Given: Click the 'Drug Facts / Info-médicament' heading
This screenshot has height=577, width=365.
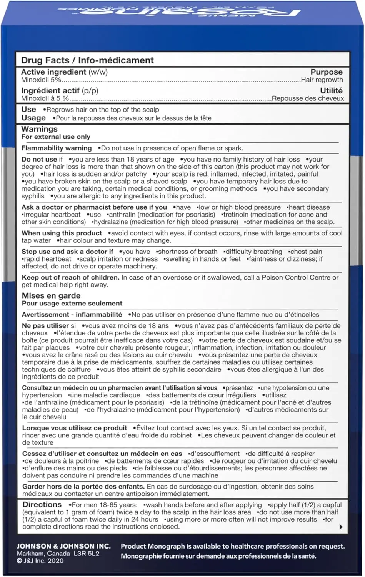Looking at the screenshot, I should [87, 60].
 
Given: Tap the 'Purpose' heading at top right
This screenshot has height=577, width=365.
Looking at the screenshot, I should [326, 72].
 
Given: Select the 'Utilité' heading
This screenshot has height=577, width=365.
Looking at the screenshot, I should [331, 90].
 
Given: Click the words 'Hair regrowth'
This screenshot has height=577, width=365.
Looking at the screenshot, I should [322, 80].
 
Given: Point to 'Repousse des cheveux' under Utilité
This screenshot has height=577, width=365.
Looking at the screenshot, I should [308, 98].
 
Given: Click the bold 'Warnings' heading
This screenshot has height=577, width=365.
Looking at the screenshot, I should [39, 129].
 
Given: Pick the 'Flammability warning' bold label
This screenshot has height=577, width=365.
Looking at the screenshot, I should [57, 148].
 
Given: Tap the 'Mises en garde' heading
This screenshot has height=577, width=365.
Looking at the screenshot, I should [51, 296].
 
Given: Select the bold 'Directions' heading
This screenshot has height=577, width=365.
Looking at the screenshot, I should [42, 505].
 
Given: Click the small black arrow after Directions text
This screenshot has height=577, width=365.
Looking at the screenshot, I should [341, 527].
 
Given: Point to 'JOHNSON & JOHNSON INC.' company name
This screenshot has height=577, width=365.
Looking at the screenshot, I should [63, 546].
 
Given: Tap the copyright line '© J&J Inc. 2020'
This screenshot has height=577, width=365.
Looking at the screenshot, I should [40, 561].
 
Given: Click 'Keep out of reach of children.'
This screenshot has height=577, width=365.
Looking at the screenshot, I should [70, 278].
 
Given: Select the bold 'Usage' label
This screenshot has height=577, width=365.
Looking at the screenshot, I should [33, 118].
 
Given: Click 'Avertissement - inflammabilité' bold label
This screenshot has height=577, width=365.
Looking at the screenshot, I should [72, 315].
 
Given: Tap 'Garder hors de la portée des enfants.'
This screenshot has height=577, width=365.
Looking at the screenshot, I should [83, 487].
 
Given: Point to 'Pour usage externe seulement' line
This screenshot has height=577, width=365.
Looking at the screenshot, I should [72, 303].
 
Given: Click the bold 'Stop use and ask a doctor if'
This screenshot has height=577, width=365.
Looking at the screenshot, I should [67, 252].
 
